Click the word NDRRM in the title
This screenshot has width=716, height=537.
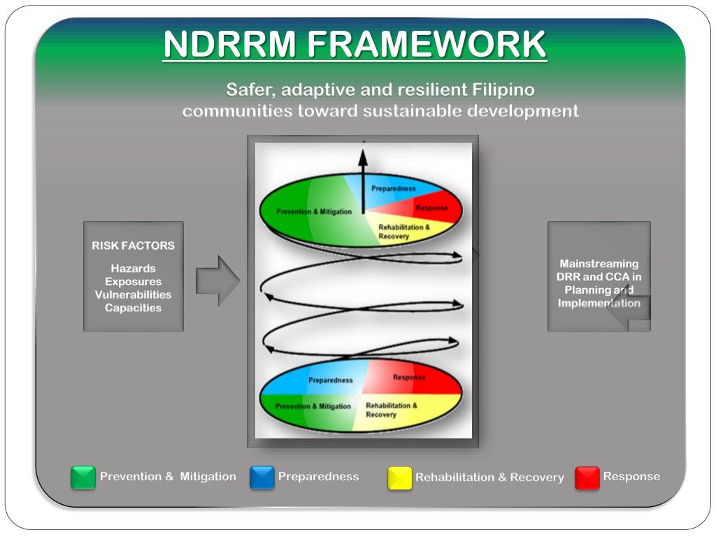point(230,45)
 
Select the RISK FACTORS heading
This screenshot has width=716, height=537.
point(133,245)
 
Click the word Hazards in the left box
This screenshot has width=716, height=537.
point(133,268)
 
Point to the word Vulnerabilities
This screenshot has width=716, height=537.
point(133,294)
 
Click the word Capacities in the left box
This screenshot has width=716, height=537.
point(133,308)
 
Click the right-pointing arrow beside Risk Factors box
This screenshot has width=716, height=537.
point(217,280)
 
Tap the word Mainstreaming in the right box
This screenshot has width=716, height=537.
point(599,264)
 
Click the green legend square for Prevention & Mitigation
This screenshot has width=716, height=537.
point(83,478)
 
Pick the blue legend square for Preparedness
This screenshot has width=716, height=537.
point(262,478)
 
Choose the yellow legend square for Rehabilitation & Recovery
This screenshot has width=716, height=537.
point(400,478)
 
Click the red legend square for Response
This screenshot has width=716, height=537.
point(587,478)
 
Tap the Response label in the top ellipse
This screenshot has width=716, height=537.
point(431,208)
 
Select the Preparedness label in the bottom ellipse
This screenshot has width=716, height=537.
point(330,380)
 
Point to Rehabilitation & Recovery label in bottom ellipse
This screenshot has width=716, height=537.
point(392,410)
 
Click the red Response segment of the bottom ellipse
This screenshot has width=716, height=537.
point(420,378)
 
